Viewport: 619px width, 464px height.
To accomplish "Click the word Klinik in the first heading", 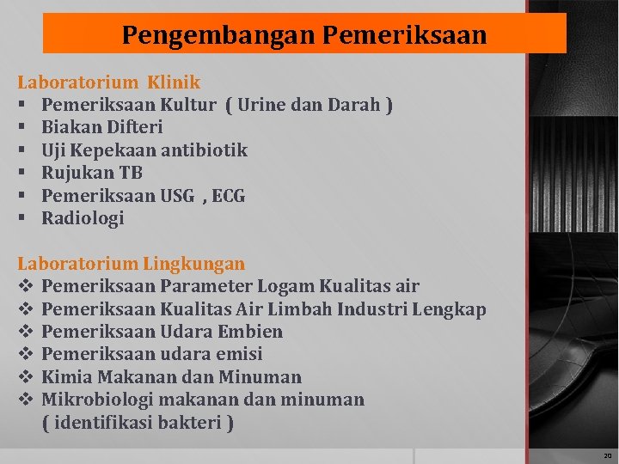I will [x=174, y=82].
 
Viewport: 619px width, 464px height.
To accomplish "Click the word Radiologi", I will [x=83, y=218].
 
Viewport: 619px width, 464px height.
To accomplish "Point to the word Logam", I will [x=289, y=286].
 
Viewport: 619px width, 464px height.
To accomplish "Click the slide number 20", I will [x=607, y=455].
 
